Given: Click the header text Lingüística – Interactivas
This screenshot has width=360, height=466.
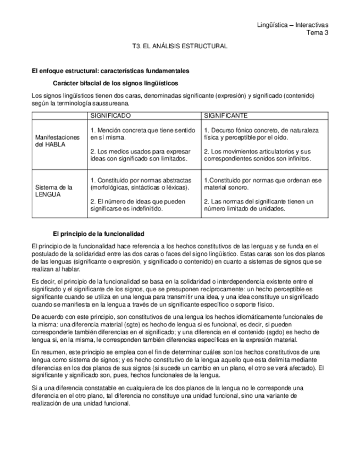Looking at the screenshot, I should pyautogui.click(x=292, y=25).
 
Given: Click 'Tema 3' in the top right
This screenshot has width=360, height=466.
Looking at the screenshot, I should pyautogui.click(x=317, y=32).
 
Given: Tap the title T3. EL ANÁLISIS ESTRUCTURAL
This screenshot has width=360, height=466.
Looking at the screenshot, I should pyautogui.click(x=180, y=47).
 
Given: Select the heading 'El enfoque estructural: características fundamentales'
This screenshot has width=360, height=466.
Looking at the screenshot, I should pyautogui.click(x=110, y=71).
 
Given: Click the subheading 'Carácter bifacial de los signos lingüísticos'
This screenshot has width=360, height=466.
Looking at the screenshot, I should pyautogui.click(x=115, y=84).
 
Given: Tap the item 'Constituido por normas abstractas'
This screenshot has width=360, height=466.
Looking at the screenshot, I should pyautogui.click(x=141, y=184).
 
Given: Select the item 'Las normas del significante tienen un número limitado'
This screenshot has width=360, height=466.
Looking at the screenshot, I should pyautogui.click(x=258, y=205).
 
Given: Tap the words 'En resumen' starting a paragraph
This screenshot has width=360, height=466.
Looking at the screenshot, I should pyautogui.click(x=47, y=351).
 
